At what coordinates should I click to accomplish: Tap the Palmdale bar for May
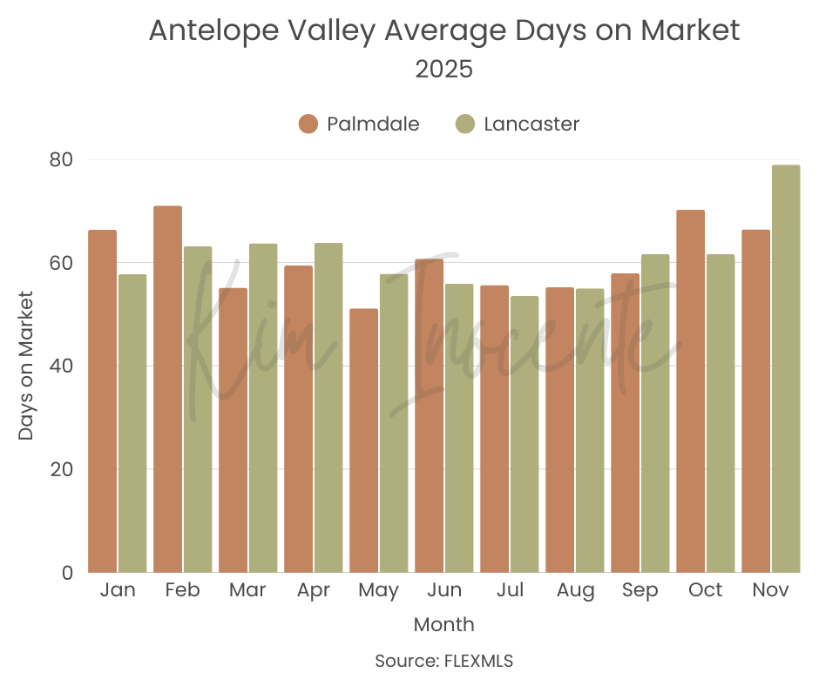(x=364, y=441)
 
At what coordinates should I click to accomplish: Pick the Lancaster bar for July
(x=525, y=434)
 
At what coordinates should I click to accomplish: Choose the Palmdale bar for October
(x=691, y=391)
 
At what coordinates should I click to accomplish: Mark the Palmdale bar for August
(x=560, y=429)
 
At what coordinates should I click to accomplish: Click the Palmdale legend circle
(x=308, y=124)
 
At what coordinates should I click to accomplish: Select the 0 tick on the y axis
(x=66, y=573)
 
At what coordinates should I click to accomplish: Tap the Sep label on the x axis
(x=640, y=590)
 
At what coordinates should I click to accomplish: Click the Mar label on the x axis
(x=247, y=590)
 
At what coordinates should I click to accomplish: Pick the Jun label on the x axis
(x=444, y=590)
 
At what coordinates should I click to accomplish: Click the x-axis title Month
(x=444, y=624)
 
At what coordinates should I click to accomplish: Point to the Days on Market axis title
(x=27, y=366)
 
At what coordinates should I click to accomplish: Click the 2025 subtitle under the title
(x=444, y=70)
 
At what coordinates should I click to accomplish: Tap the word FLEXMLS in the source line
(x=478, y=661)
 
